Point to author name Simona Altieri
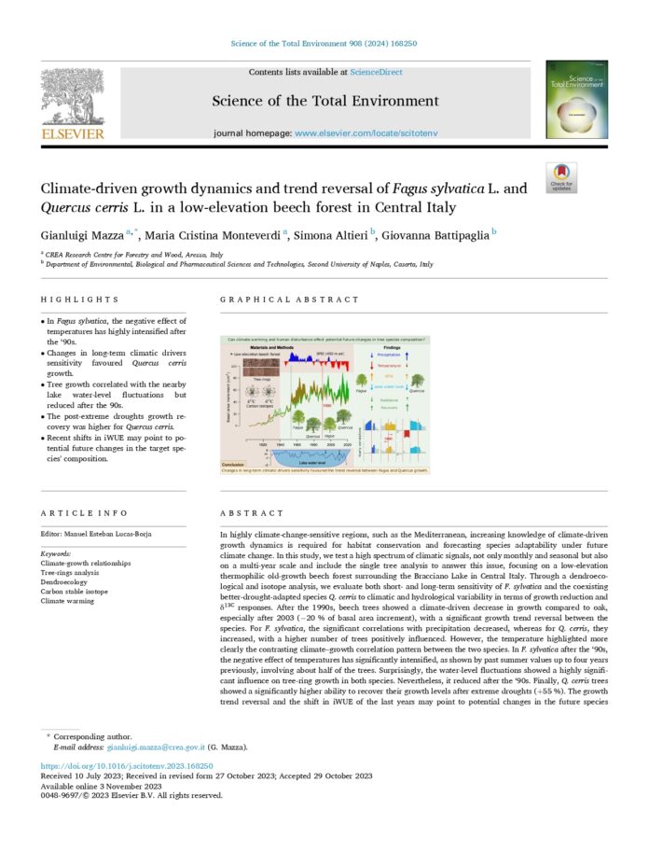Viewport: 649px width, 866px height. pos(328,235)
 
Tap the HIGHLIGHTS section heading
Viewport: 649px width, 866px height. pos(79,300)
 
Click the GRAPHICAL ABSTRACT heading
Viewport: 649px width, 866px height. pos(289,300)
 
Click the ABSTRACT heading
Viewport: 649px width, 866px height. pos(252,513)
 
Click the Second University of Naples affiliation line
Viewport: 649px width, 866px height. pos(240,264)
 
